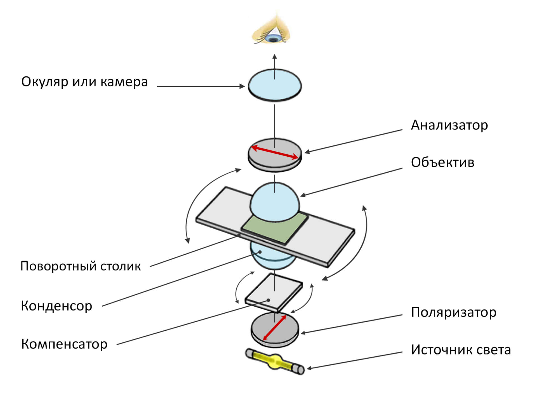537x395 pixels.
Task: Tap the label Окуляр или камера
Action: tap(84, 82)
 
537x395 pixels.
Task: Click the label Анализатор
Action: tap(449, 125)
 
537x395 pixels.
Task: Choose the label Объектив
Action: tap(442, 163)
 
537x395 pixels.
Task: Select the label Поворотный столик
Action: tap(81, 266)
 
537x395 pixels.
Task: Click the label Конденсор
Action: tap(56, 306)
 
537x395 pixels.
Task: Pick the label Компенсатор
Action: tap(64, 344)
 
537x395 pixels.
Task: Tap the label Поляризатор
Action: tap(454, 312)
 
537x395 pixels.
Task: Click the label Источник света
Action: tap(461, 350)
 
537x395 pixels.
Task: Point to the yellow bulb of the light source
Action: tap(275, 361)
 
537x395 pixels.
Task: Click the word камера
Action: tap(124, 82)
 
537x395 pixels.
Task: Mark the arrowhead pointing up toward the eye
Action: tap(275, 57)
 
